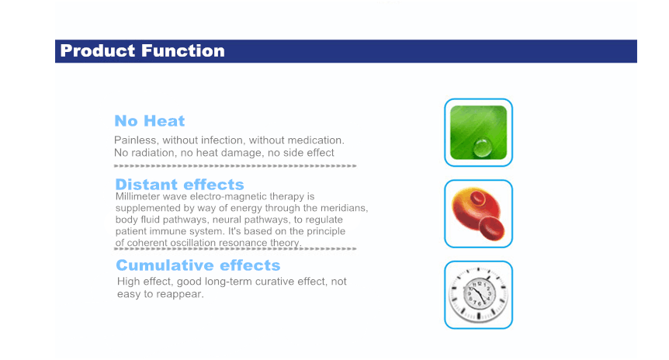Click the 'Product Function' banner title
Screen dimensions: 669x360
[x=143, y=50]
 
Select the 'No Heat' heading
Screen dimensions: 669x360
[x=150, y=121]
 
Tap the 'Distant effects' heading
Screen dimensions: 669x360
[x=179, y=184]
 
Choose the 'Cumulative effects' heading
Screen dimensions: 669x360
[x=198, y=265]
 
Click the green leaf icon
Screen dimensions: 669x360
[x=478, y=133]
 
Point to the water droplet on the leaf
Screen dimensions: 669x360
[x=483, y=147]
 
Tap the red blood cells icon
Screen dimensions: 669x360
[x=478, y=213]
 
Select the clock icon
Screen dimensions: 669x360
[x=478, y=295]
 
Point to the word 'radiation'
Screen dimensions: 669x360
[x=154, y=153]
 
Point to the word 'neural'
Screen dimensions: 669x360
[x=227, y=220]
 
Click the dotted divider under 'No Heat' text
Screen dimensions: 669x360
[x=235, y=165]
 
